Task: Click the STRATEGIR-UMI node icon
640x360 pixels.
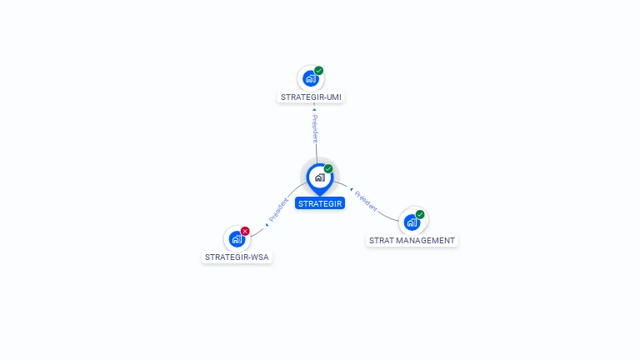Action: click(310, 78)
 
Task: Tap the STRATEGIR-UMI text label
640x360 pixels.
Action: click(311, 97)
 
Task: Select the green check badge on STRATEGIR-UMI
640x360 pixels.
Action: click(319, 71)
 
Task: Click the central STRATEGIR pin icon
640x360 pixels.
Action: click(319, 177)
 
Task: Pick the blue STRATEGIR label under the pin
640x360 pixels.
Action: click(320, 203)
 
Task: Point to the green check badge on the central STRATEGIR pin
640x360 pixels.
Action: click(328, 169)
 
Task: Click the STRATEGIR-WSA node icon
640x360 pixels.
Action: click(237, 239)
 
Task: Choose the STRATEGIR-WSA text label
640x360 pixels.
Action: click(238, 257)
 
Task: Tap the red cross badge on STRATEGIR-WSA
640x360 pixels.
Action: click(245, 231)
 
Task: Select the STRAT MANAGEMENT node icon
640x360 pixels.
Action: click(412, 222)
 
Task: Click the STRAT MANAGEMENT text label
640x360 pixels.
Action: click(412, 241)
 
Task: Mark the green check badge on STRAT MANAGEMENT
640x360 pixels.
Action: click(420, 215)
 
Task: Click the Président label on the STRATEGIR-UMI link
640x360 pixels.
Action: click(315, 128)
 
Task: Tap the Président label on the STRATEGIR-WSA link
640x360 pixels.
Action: click(279, 209)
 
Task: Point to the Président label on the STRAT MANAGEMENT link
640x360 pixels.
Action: click(366, 199)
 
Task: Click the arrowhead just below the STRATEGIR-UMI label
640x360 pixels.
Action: click(314, 107)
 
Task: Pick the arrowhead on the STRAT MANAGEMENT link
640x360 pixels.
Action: click(352, 189)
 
